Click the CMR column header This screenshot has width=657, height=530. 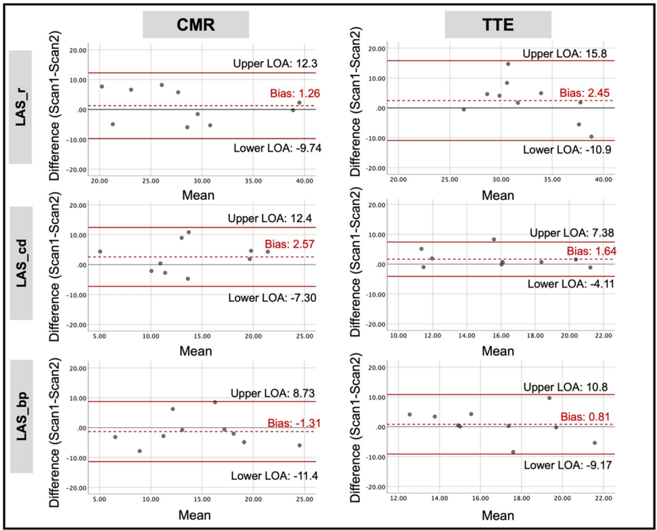tap(196, 26)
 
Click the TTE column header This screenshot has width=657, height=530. tap(498, 26)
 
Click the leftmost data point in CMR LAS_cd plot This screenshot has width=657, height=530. tap(100, 252)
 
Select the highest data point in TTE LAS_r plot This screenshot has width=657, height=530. tap(508, 64)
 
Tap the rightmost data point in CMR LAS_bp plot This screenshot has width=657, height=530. tap(299, 445)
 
